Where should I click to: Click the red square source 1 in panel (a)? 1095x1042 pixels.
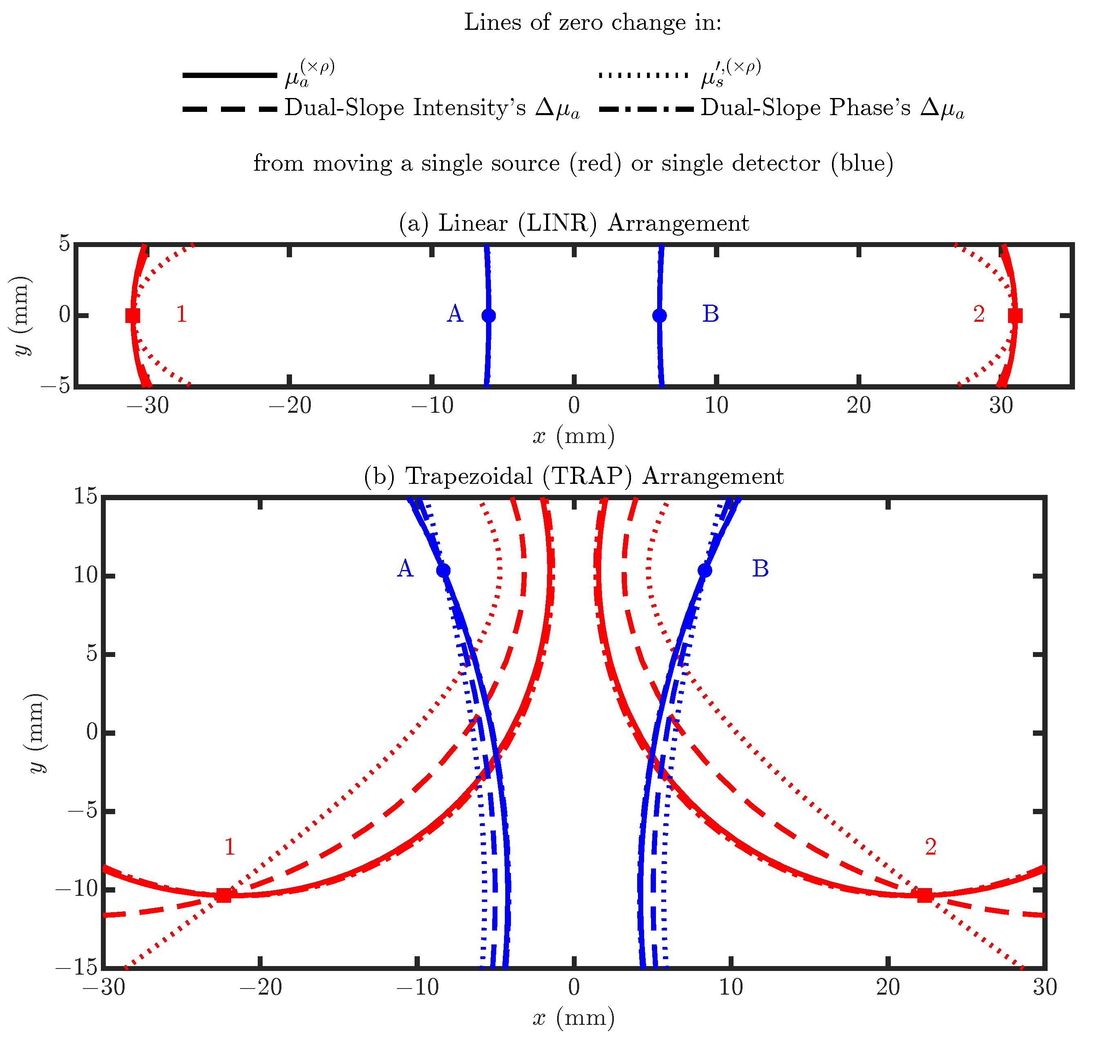[x=132, y=316]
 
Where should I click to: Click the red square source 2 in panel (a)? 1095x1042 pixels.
[x=1015, y=316]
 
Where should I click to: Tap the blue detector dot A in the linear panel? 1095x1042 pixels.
[x=488, y=316]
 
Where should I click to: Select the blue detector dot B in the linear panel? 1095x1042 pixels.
[x=660, y=316]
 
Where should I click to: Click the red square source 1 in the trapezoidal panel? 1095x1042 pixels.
[x=223, y=895]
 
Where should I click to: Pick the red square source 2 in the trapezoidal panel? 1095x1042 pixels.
[x=924, y=895]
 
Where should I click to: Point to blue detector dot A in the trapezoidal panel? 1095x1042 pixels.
[x=443, y=570]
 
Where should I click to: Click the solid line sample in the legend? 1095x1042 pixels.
[x=230, y=75]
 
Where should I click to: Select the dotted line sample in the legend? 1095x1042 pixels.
[x=643, y=75]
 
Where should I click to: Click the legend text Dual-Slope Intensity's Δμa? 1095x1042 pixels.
[x=432, y=108]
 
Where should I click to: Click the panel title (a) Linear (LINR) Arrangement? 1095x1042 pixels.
[x=574, y=223]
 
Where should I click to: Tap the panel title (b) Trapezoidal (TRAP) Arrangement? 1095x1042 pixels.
[x=574, y=476]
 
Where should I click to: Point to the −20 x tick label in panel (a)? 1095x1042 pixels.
[x=290, y=406]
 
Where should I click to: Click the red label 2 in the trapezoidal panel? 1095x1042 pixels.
[x=930, y=846]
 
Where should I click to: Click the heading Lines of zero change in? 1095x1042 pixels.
[x=592, y=23]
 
